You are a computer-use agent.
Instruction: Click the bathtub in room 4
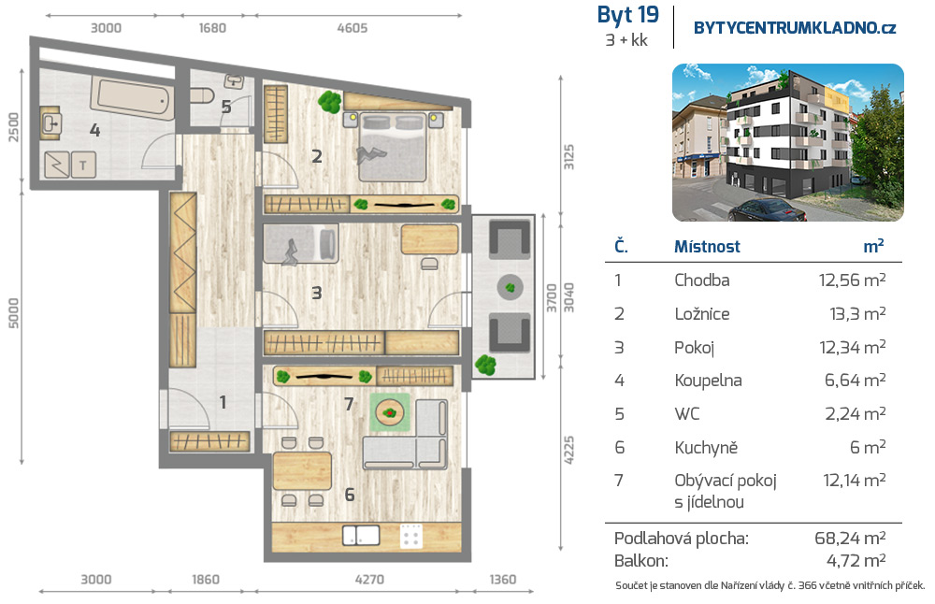tap(133, 98)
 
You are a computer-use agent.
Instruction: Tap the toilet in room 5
tap(202, 95)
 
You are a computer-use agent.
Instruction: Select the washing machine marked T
tap(83, 165)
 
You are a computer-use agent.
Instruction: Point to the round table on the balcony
tap(510, 288)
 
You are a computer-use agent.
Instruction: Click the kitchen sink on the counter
tap(361, 535)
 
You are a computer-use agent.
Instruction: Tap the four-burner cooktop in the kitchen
tap(411, 536)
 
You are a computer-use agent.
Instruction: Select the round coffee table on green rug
tap(390, 412)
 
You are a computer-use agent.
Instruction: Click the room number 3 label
tap(317, 293)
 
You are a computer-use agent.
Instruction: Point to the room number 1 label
tap(223, 402)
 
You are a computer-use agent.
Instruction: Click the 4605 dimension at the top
tap(352, 28)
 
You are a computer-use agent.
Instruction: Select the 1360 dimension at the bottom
tap(503, 580)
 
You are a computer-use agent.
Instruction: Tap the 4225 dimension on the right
tap(568, 450)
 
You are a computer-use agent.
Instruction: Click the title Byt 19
tap(628, 15)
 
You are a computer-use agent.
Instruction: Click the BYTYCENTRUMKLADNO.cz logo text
tap(794, 28)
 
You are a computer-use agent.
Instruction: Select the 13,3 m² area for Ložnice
tap(857, 313)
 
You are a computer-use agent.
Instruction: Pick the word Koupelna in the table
tap(708, 381)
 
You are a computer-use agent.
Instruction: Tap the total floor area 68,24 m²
tap(850, 538)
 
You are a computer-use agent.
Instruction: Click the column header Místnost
tap(707, 246)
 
